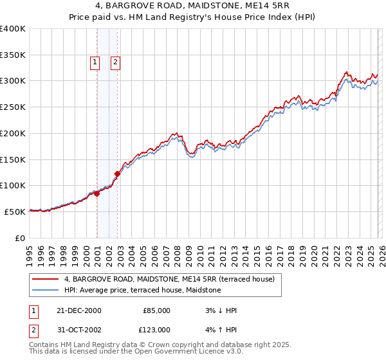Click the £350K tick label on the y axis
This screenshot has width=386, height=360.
click(13, 55)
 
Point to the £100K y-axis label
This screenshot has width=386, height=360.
click(13, 186)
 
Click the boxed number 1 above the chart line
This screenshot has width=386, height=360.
click(95, 62)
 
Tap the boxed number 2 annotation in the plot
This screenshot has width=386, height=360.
click(115, 62)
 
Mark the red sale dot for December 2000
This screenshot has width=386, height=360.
click(96, 194)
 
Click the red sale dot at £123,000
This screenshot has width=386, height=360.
click(118, 174)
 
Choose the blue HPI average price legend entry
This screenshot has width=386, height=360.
click(142, 291)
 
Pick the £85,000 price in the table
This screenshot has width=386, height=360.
click(156, 310)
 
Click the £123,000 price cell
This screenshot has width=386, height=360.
click(156, 330)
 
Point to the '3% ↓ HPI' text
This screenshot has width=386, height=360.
click(221, 310)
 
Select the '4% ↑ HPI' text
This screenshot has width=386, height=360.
click(221, 330)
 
